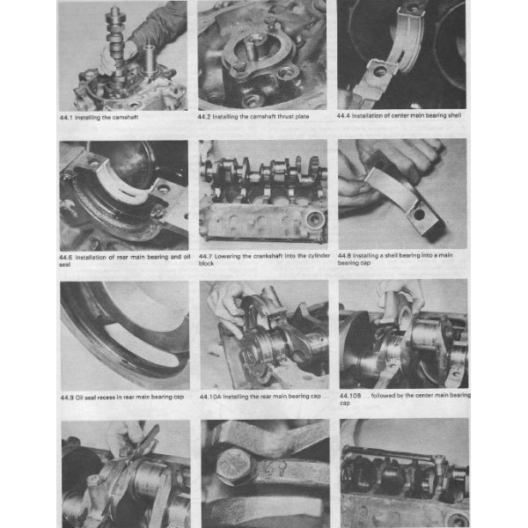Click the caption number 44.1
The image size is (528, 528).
pyautogui.click(x=67, y=115)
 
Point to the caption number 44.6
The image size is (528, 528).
pyautogui.click(x=67, y=255)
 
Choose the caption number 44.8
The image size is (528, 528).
pyautogui.click(x=347, y=255)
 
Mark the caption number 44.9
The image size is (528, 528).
pyautogui.click(x=67, y=396)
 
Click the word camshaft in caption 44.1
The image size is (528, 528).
pyautogui.click(x=124, y=115)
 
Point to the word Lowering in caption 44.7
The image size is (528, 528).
pyautogui.click(x=231, y=255)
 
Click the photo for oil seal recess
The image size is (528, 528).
pyautogui.click(x=123, y=334)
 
